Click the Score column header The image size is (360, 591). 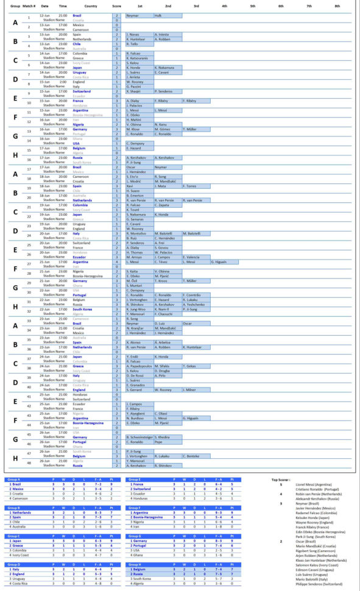click(x=116, y=5)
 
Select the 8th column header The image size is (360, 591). click(x=337, y=5)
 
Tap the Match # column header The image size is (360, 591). click(x=28, y=5)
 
